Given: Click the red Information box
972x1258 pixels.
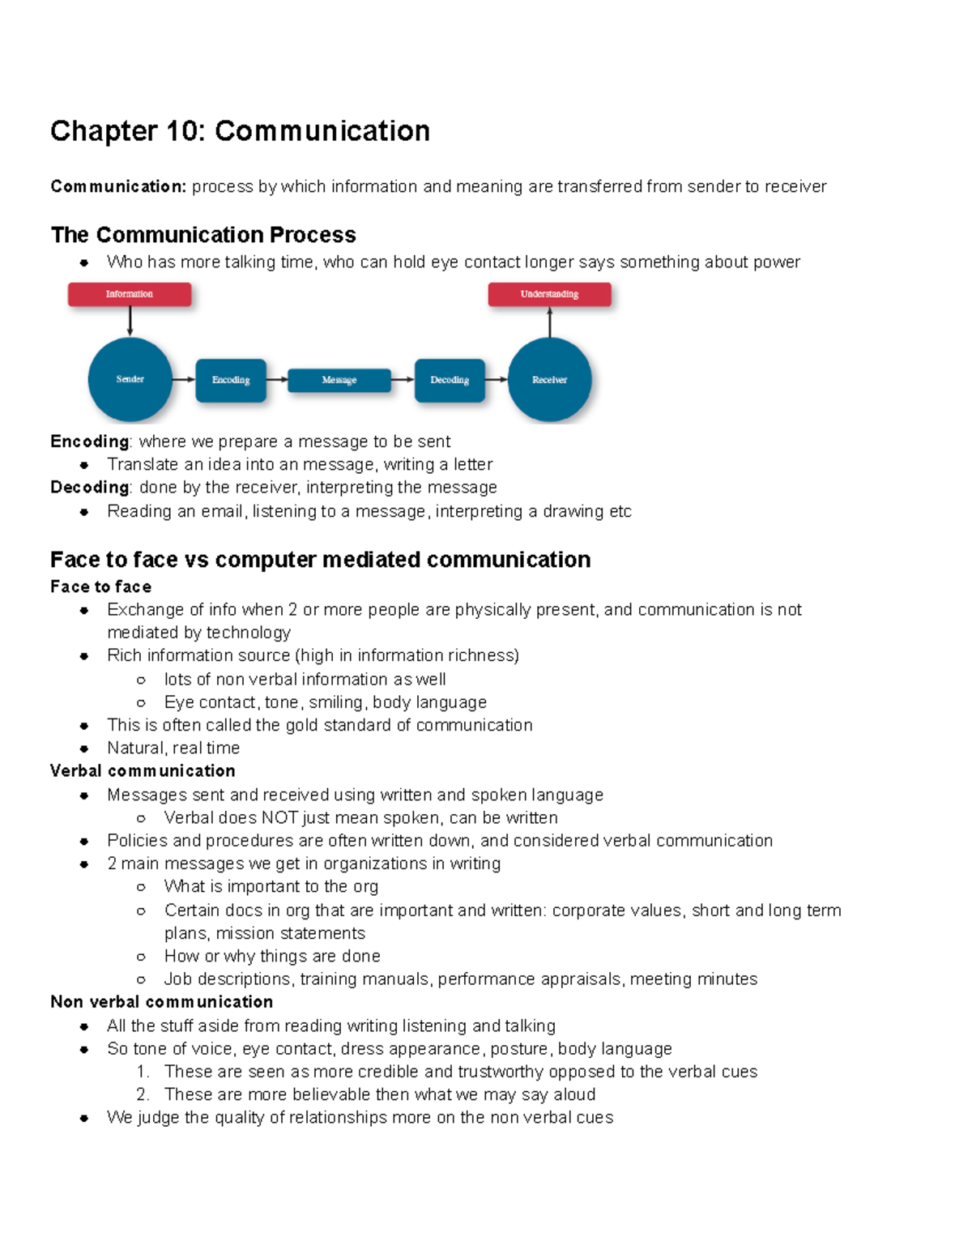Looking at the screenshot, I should click(x=130, y=294).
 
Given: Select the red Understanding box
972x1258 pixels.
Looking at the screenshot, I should click(x=549, y=294).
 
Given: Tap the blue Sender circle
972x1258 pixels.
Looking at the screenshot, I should click(x=130, y=379).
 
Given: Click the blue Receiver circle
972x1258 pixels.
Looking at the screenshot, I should click(x=549, y=379).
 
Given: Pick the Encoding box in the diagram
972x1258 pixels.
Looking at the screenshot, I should click(x=231, y=380).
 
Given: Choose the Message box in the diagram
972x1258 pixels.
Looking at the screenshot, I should click(x=339, y=380).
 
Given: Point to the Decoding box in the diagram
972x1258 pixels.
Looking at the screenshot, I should click(x=450, y=380).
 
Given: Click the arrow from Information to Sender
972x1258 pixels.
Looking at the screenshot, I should click(x=130, y=322).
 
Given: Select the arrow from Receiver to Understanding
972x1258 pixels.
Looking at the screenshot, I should click(x=550, y=322).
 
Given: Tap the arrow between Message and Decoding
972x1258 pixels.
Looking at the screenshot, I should click(x=403, y=379).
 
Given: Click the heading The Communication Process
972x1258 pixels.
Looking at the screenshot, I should click(x=203, y=235).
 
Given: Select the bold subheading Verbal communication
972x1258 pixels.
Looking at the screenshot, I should click(x=143, y=770).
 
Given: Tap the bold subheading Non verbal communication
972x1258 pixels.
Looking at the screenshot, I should click(x=161, y=1002).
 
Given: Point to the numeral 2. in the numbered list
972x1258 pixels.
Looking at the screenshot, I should click(x=143, y=1094).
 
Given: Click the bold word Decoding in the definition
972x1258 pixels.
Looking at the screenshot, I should click(x=89, y=488).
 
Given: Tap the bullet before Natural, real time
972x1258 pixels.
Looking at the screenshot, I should click(x=84, y=748).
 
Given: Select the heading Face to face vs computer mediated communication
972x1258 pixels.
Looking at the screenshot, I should click(x=320, y=560).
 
